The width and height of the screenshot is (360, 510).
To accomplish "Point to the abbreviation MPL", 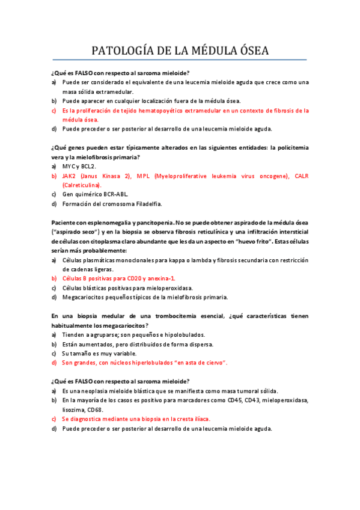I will click(144, 176).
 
